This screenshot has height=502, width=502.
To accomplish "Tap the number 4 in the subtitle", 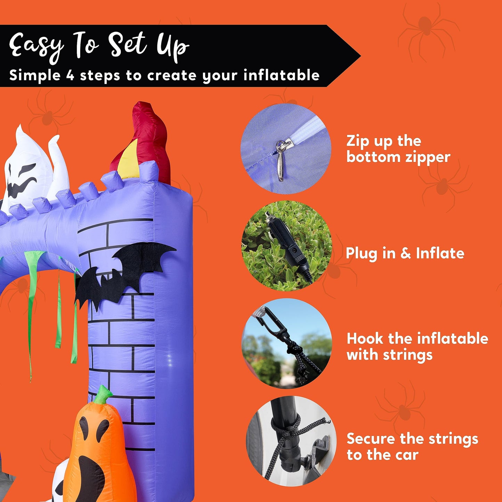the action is (70, 76).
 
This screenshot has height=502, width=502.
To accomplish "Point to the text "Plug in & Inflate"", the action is (405, 253).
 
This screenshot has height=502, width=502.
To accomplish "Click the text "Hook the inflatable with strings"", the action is (417, 346).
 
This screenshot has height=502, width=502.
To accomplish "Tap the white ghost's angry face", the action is (22, 180).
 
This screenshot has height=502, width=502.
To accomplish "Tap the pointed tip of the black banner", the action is (360, 56).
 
